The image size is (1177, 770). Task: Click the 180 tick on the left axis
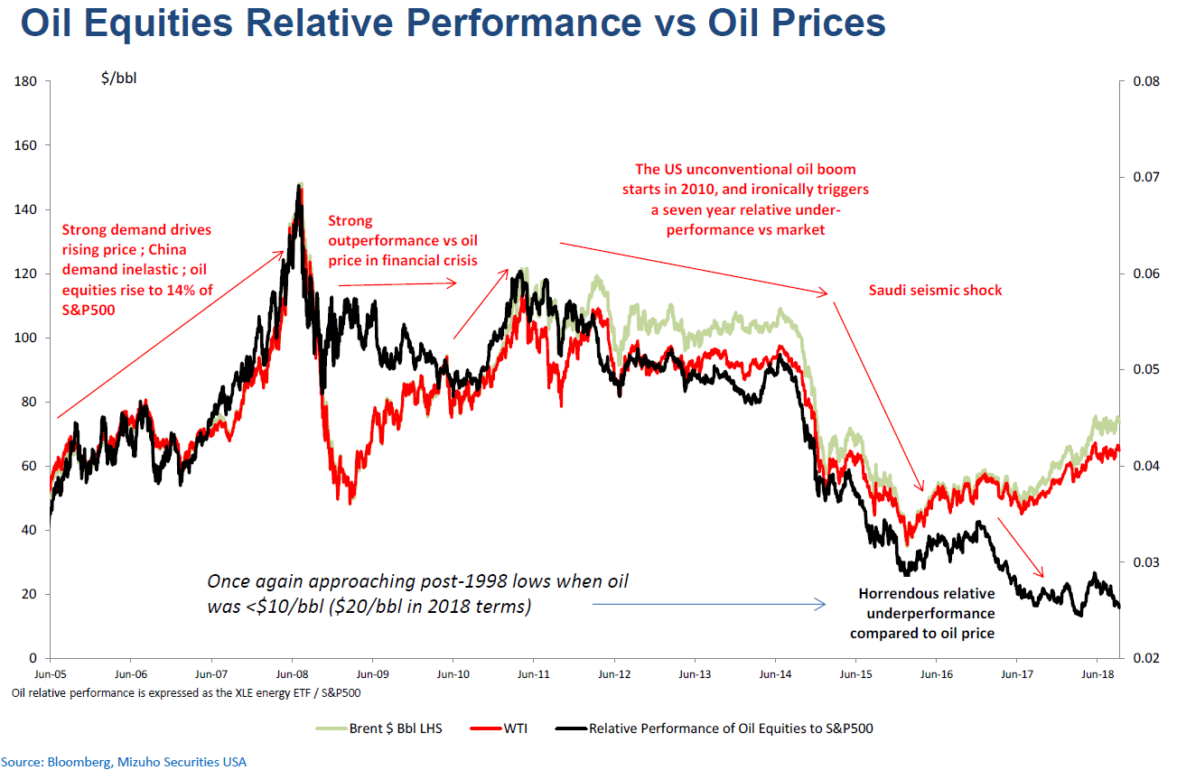[x=24, y=82]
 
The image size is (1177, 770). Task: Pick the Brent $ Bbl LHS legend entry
[x=396, y=728]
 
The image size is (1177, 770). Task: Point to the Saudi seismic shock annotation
[x=935, y=291]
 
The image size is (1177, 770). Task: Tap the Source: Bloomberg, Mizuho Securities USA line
[x=124, y=762]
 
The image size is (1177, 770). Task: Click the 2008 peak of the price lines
[x=299, y=184]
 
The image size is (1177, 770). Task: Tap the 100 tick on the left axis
[x=24, y=338]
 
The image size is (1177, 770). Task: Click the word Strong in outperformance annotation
[x=349, y=220]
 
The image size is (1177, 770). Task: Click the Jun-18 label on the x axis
[x=1097, y=673]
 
